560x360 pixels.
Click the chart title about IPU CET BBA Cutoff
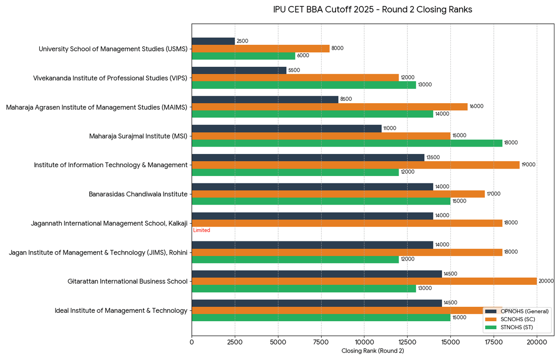point(372,10)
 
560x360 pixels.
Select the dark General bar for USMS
point(213,41)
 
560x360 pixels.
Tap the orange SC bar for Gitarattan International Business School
point(364,281)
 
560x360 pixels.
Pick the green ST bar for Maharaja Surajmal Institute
point(347,143)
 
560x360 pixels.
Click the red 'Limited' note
point(202,230)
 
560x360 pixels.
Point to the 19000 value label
point(528,165)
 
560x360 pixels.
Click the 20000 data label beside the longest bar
point(546,281)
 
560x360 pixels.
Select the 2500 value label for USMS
point(242,41)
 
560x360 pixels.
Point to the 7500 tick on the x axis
point(321,342)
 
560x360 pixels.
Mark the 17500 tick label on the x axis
point(494,342)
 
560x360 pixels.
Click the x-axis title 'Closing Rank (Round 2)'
point(372,351)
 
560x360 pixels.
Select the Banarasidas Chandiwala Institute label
point(138,194)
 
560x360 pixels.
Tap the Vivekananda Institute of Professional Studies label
point(110,78)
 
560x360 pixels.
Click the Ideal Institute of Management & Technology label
point(121,311)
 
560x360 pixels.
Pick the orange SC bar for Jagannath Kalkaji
point(347,223)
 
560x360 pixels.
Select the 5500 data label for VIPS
point(294,70)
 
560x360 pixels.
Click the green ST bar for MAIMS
point(312,114)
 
